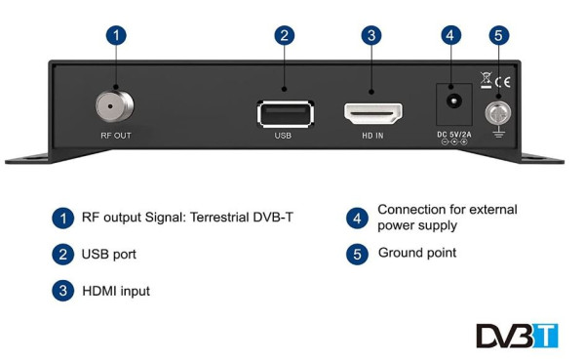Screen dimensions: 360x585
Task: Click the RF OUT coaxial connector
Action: click(x=115, y=104)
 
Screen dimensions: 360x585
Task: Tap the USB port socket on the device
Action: click(x=284, y=112)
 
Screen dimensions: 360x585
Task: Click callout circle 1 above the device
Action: click(x=116, y=36)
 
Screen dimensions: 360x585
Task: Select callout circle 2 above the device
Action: click(x=284, y=36)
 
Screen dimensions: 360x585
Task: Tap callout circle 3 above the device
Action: click(x=370, y=36)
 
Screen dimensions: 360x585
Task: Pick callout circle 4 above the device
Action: click(x=449, y=36)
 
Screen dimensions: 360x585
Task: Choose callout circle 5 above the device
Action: click(x=499, y=36)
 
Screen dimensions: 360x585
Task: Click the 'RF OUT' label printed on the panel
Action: click(x=114, y=136)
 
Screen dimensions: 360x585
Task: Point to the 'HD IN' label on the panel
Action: click(x=370, y=136)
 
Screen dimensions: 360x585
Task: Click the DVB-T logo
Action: click(x=517, y=335)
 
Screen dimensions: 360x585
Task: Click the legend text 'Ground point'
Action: click(x=416, y=253)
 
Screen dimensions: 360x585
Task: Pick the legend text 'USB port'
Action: click(x=108, y=254)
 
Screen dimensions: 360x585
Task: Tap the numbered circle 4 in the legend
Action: click(x=358, y=218)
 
